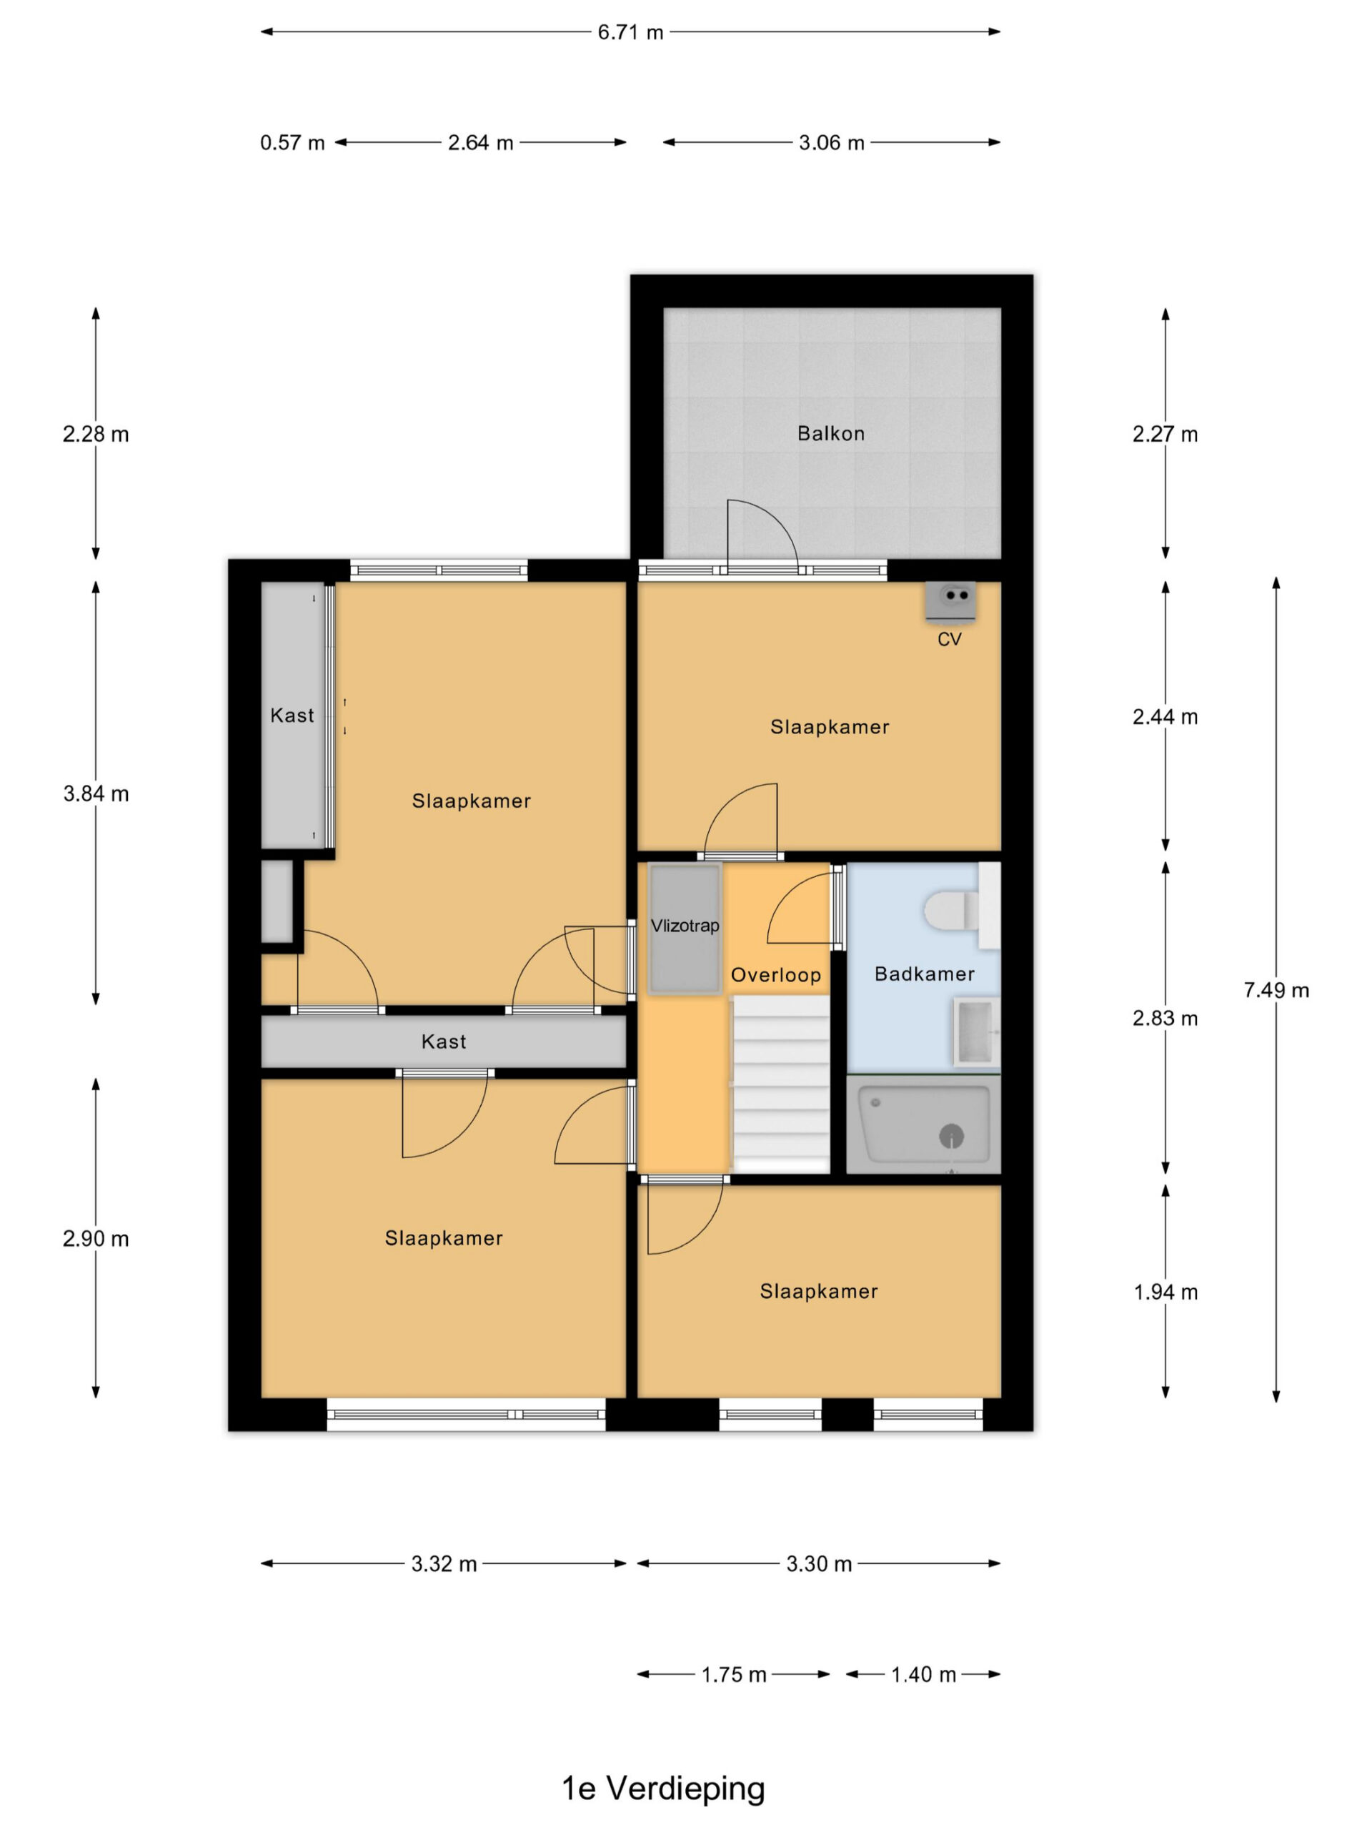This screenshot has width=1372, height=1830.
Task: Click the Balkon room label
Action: click(830, 433)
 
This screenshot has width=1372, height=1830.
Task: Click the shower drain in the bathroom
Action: click(951, 1136)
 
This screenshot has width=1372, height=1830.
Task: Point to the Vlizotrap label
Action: click(685, 926)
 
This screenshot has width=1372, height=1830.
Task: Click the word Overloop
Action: click(776, 975)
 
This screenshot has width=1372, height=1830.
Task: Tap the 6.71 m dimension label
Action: click(630, 32)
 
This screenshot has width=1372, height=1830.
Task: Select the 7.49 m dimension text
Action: click(1276, 990)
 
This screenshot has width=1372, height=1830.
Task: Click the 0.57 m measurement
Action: click(292, 143)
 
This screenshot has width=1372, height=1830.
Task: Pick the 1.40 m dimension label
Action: click(923, 1674)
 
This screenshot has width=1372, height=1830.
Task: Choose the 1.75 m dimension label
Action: click(734, 1674)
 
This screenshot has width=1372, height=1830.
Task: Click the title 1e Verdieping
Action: click(663, 1788)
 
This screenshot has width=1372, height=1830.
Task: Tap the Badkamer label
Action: click(925, 974)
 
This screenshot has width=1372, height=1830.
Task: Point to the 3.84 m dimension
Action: click(96, 794)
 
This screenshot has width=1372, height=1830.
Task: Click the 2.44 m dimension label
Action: click(1165, 717)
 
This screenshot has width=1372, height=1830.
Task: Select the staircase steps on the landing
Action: click(782, 1084)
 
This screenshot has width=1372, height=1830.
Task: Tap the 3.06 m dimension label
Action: click(831, 143)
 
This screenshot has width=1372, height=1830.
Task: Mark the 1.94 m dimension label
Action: click(1165, 1292)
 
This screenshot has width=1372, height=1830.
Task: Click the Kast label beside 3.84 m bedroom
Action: click(292, 716)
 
